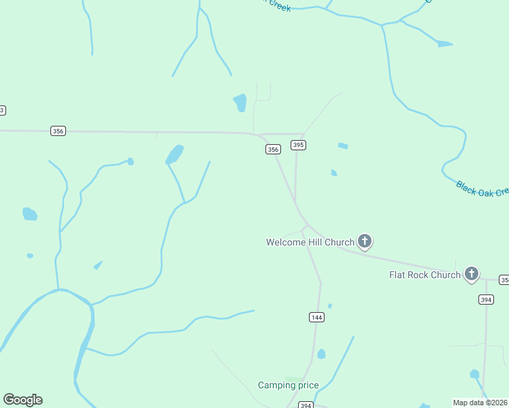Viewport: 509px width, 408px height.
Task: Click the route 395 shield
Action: [298, 145]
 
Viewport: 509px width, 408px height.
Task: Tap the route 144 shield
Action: [316, 317]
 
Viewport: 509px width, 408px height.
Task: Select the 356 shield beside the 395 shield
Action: [273, 150]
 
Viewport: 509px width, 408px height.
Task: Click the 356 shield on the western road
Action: [58, 131]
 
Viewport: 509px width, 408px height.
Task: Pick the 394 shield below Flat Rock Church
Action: [486, 299]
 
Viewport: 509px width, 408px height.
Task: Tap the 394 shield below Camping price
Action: [306, 405]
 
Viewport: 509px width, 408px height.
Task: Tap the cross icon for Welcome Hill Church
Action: [365, 241]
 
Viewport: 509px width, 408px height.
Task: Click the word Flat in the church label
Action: [399, 275]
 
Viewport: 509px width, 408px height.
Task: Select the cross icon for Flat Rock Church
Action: [472, 274]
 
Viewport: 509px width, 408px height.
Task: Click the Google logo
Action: [22, 400]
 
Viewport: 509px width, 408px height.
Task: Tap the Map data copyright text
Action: [480, 402]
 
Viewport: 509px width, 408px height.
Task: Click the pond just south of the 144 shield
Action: [321, 354]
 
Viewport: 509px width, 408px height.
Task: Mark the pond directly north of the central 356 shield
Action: [240, 103]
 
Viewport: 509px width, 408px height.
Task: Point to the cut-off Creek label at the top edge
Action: [278, 5]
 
